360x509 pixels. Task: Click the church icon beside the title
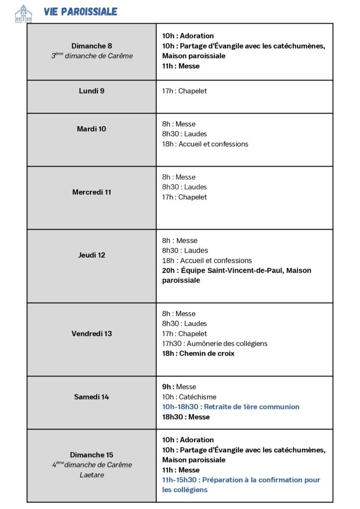(23, 13)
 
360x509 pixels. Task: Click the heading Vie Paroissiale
(80, 12)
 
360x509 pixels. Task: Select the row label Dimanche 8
(91, 46)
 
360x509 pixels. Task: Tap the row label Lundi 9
(91, 91)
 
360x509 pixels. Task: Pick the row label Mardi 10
(91, 129)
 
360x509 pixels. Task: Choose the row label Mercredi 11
(91, 192)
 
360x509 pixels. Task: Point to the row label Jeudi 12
(91, 255)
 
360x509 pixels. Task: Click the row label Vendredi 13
(91, 334)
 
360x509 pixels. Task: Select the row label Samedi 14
(91, 397)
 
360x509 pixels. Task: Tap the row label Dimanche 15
(91, 455)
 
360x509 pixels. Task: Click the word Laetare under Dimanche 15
(91, 475)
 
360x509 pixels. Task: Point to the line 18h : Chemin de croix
(198, 353)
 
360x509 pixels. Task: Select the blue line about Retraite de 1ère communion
(231, 407)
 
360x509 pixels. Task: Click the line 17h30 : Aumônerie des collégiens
(214, 343)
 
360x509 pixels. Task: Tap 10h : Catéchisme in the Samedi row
(189, 397)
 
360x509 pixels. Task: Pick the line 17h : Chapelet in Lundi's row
(184, 91)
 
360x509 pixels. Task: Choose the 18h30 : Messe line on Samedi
(185, 417)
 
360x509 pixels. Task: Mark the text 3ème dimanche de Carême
(92, 56)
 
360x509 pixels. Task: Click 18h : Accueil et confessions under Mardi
(205, 144)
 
